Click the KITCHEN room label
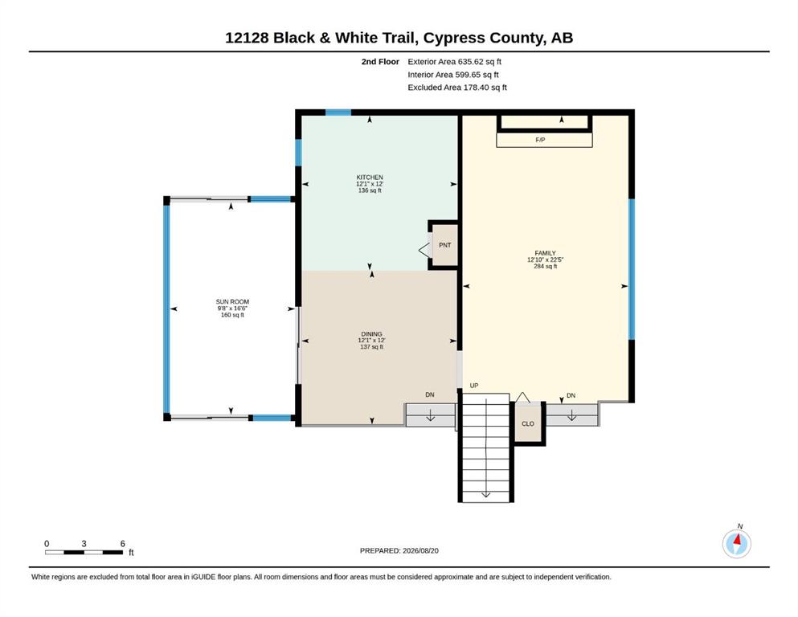[x=370, y=177]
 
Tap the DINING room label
[x=371, y=333]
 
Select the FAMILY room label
[x=545, y=253]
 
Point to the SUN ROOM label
[x=232, y=301]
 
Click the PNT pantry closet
[x=444, y=245]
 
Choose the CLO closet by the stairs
[x=528, y=423]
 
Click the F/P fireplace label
[x=541, y=139]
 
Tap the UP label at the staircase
[x=474, y=386]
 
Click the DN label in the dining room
[x=430, y=394]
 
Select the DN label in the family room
[x=571, y=395]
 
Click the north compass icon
[x=736, y=543]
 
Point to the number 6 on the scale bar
[x=123, y=543]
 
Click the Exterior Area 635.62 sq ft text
[x=455, y=62]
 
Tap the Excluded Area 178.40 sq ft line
[x=457, y=88]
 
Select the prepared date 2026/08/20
[x=420, y=550]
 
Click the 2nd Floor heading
[x=380, y=62]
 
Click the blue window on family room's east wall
[x=632, y=269]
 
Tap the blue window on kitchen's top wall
[x=338, y=112]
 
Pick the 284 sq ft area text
[x=545, y=266]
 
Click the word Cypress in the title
[x=454, y=38]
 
